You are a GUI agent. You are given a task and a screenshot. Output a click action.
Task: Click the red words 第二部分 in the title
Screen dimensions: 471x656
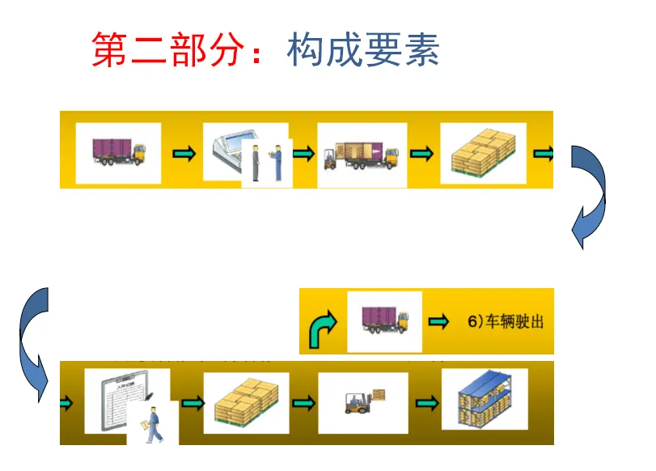(166, 50)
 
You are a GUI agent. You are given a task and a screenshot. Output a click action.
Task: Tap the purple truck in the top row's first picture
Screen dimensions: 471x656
(118, 152)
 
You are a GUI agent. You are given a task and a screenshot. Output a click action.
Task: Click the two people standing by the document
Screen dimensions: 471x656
(266, 162)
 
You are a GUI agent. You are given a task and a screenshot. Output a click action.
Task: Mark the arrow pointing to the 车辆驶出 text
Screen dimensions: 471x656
(438, 322)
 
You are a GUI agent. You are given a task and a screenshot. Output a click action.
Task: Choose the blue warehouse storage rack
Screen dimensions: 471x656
(483, 400)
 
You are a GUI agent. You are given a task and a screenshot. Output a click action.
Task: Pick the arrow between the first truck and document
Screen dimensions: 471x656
(184, 153)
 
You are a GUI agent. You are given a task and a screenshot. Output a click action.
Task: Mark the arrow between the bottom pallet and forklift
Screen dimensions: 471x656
(303, 402)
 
